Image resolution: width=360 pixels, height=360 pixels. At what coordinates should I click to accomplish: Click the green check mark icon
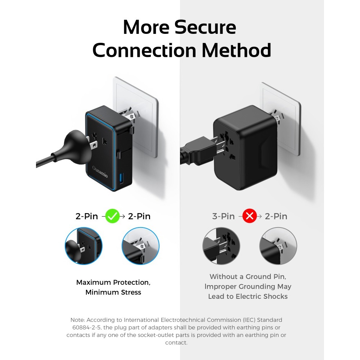(x=112, y=216)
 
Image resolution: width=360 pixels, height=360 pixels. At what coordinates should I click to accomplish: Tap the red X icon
(x=249, y=216)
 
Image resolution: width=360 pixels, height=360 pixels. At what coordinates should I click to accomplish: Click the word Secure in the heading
(x=205, y=27)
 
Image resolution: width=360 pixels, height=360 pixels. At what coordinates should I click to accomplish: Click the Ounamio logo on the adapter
(x=100, y=171)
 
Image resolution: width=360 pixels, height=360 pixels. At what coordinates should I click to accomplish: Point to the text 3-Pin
(x=224, y=216)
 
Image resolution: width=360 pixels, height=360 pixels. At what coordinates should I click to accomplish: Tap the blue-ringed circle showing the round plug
(x=84, y=246)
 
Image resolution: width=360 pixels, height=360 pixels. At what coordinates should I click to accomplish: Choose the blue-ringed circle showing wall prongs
(x=140, y=246)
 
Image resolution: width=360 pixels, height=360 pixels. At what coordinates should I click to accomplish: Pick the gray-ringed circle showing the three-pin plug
(x=221, y=246)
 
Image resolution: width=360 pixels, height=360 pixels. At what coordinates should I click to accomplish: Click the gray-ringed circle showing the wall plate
(x=278, y=246)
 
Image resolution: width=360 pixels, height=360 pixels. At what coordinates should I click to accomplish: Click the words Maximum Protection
(x=113, y=282)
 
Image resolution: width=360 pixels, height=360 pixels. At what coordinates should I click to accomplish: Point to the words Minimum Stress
(x=113, y=292)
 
